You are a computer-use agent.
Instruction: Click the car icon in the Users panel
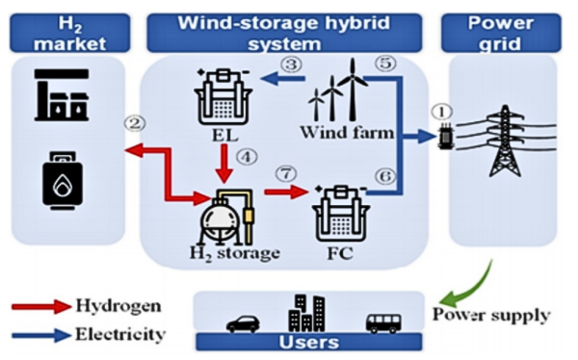click(242, 322)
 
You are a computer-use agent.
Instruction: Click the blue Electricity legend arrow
click(39, 335)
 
